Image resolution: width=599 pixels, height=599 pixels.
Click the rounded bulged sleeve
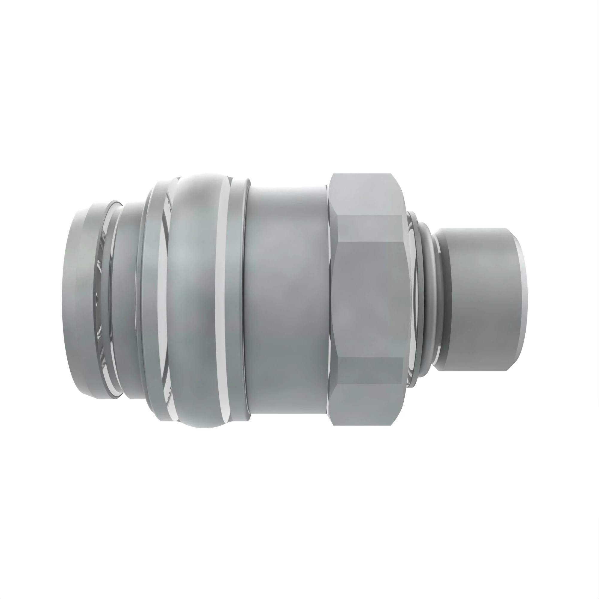pyautogui.click(x=192, y=299)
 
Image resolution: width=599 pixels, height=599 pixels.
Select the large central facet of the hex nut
pyautogui.click(x=369, y=299)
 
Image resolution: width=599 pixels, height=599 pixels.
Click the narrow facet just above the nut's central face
pyautogui.click(x=369, y=228)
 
